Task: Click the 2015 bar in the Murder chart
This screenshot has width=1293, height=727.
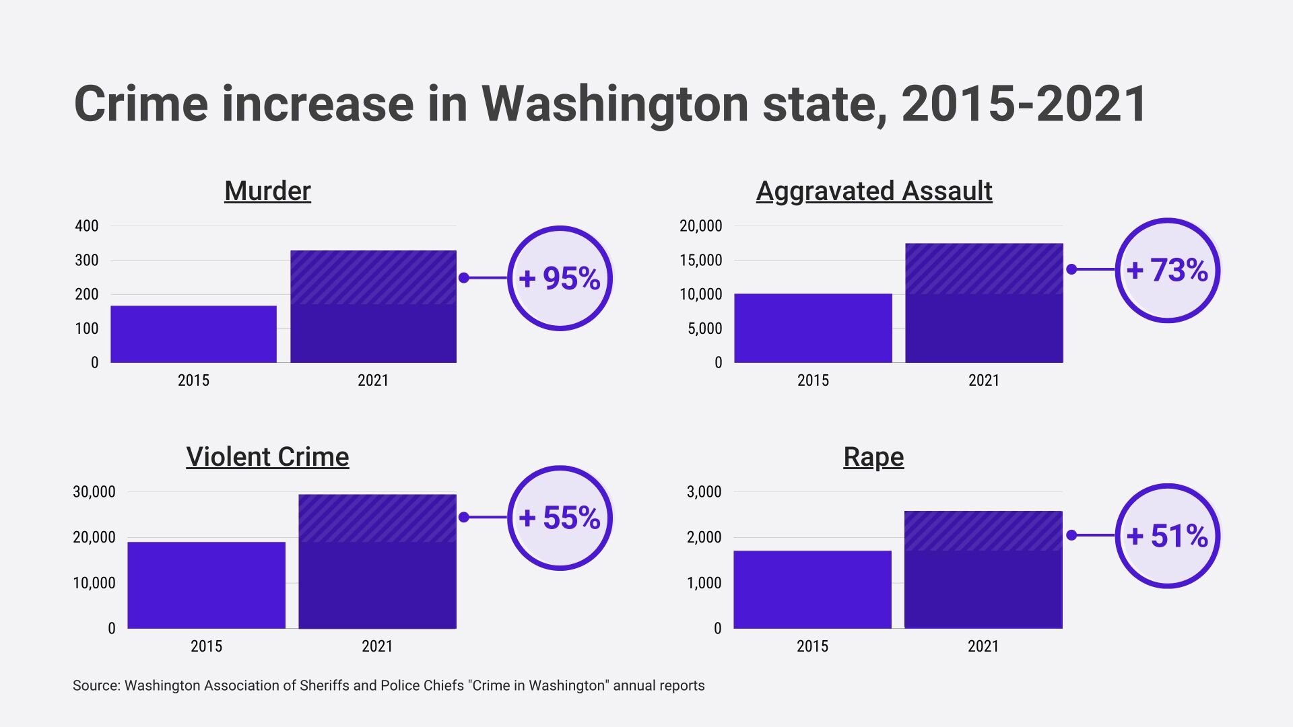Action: pos(193,334)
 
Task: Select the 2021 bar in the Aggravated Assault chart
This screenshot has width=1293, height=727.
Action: pos(984,303)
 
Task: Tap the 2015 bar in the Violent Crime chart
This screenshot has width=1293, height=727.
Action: pos(206,585)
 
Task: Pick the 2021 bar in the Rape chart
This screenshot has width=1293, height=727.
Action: pos(983,569)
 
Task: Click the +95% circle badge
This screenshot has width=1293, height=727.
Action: pos(560,278)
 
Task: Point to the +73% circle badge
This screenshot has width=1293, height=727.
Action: pos(1168,270)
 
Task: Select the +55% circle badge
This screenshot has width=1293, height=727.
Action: pos(560,518)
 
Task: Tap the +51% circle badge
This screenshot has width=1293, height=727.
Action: pos(1168,536)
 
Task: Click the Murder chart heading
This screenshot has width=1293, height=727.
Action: pos(267,191)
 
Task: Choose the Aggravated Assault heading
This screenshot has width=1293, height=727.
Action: pos(873,191)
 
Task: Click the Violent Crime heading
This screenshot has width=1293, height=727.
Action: pos(267,457)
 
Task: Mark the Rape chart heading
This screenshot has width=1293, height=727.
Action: pos(873,457)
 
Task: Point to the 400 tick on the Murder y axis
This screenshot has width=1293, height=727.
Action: pos(87,226)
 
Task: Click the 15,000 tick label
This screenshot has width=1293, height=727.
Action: pos(700,261)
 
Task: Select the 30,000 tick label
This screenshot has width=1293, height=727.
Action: pos(94,492)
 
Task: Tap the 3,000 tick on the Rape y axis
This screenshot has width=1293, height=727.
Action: pos(704,492)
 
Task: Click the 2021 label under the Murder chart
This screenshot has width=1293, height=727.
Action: pos(372,380)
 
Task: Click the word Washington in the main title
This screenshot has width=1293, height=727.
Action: pos(615,104)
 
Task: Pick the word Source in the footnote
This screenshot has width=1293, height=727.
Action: pos(96,686)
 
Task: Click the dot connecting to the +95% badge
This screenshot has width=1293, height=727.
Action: pos(463,278)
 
